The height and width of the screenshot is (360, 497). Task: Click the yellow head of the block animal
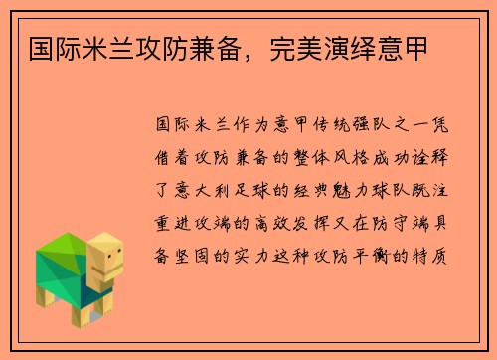[x=105, y=263]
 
